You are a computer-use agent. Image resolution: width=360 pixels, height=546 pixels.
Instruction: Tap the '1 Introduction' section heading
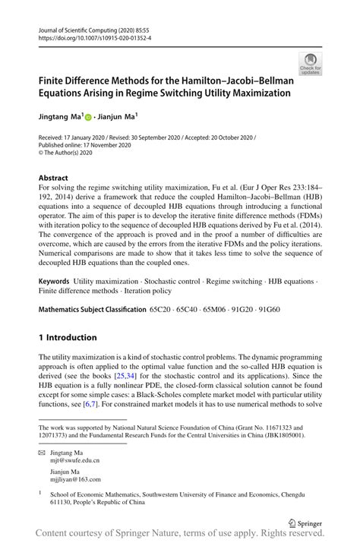68,337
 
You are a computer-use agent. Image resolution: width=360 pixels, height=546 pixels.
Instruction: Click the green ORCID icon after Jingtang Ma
87,118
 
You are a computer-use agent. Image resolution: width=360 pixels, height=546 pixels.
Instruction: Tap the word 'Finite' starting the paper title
55,80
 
